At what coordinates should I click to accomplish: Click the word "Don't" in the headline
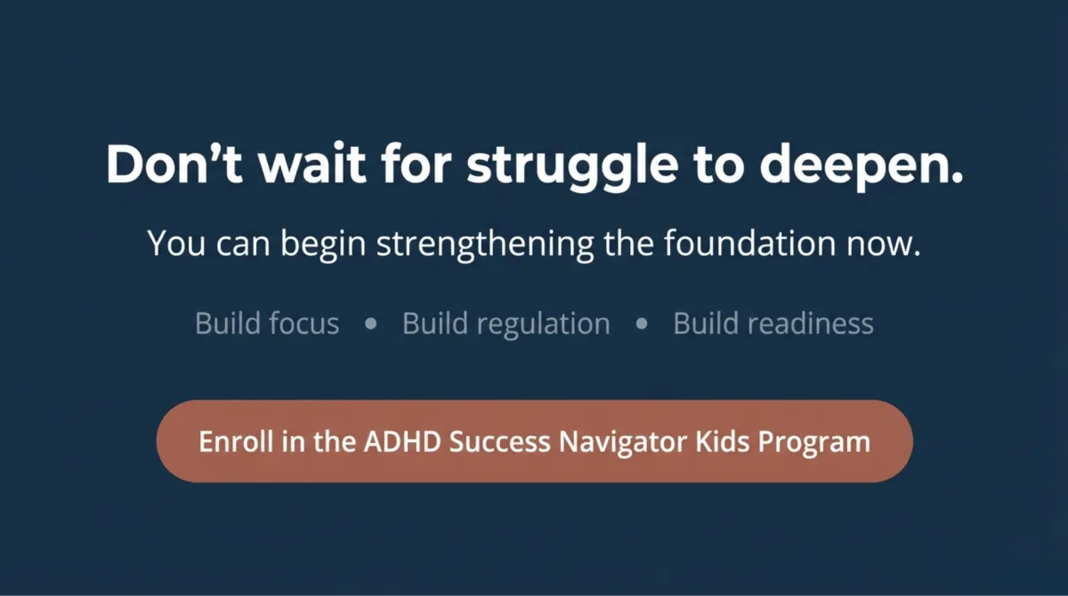[174, 163]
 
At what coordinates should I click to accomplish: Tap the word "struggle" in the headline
[572, 166]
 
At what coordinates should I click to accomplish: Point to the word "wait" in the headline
[312, 163]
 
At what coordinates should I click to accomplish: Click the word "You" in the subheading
[176, 244]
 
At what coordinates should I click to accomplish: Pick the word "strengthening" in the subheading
[485, 245]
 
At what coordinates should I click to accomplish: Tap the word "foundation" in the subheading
[750, 243]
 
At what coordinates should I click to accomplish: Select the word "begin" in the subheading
[323, 245]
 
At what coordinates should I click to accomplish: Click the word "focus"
[303, 323]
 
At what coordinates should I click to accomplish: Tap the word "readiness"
[811, 323]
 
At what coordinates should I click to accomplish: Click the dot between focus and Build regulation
[371, 324]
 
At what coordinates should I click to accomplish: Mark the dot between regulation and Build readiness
[642, 324]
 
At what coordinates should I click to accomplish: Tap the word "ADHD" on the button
[402, 441]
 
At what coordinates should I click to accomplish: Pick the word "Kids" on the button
[723, 441]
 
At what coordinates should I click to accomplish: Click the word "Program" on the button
[814, 443]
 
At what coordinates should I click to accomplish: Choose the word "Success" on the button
[499, 441]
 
